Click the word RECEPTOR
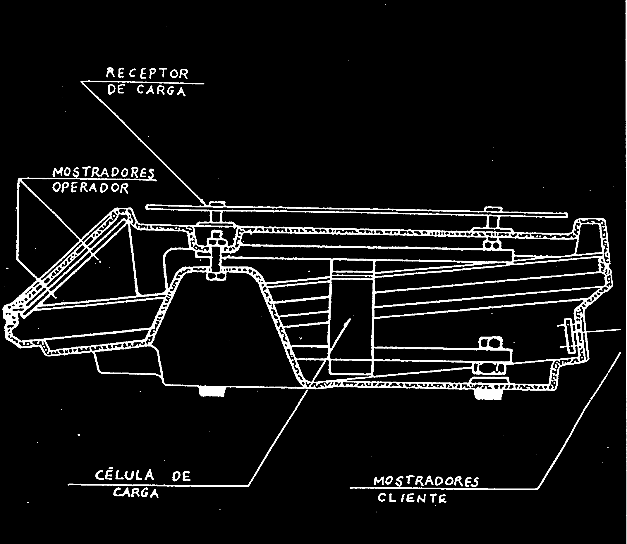click(147, 74)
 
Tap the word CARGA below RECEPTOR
click(161, 91)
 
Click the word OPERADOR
click(90, 188)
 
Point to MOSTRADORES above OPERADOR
click(103, 172)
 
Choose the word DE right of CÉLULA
click(181, 477)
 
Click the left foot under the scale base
click(212, 391)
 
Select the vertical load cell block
click(352, 317)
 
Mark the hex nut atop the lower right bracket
click(489, 343)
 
